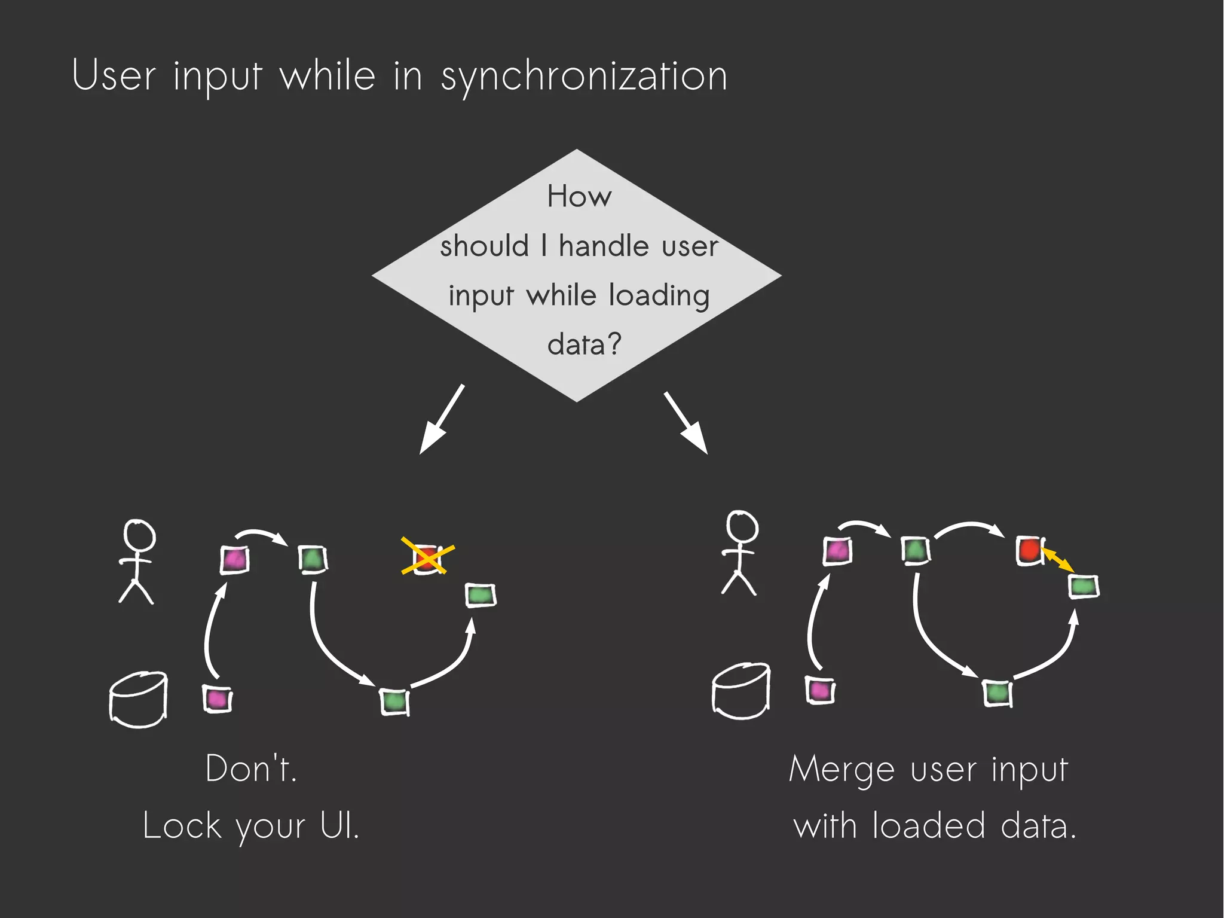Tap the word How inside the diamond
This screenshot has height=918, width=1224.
click(579, 197)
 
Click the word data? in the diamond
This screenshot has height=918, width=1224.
click(584, 344)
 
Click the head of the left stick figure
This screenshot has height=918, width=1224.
click(139, 535)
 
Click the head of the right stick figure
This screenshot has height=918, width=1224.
click(742, 527)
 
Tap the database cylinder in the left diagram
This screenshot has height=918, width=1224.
click(138, 699)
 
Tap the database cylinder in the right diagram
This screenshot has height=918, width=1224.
click(741, 691)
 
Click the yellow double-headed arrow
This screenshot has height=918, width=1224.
click(1057, 560)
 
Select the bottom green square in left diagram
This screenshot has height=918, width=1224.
click(394, 701)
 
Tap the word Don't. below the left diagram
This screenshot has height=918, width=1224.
click(251, 769)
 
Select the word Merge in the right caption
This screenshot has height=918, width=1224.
click(841, 770)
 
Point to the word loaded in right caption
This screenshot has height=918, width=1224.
click(928, 826)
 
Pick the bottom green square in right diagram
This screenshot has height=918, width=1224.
click(997, 693)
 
